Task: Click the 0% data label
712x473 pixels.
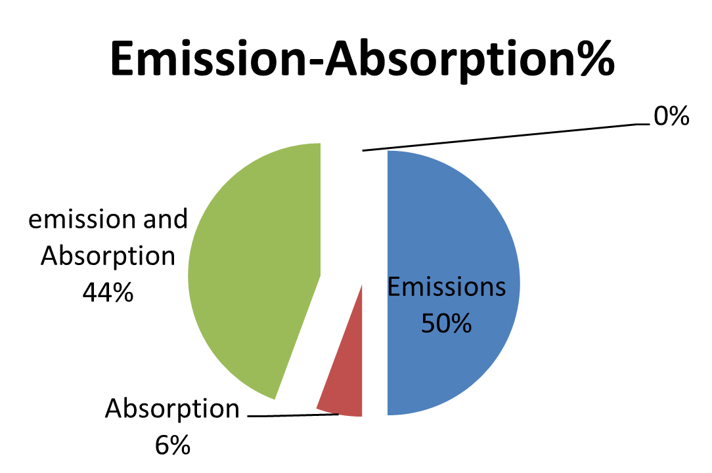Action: coord(671,116)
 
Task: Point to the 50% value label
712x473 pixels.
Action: coord(447,323)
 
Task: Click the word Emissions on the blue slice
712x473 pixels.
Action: coord(447,287)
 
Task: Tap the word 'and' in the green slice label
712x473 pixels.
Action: coord(166,219)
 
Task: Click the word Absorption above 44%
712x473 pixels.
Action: coord(108,256)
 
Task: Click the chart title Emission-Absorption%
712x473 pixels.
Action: coord(363,59)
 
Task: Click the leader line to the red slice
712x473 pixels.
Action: coord(294,415)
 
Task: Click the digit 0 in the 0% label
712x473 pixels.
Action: coord(661,116)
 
